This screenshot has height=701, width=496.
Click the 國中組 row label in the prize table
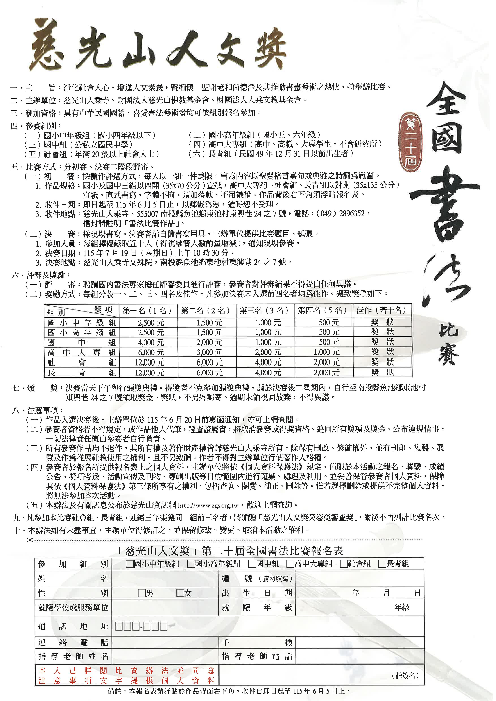pos(82,342)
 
